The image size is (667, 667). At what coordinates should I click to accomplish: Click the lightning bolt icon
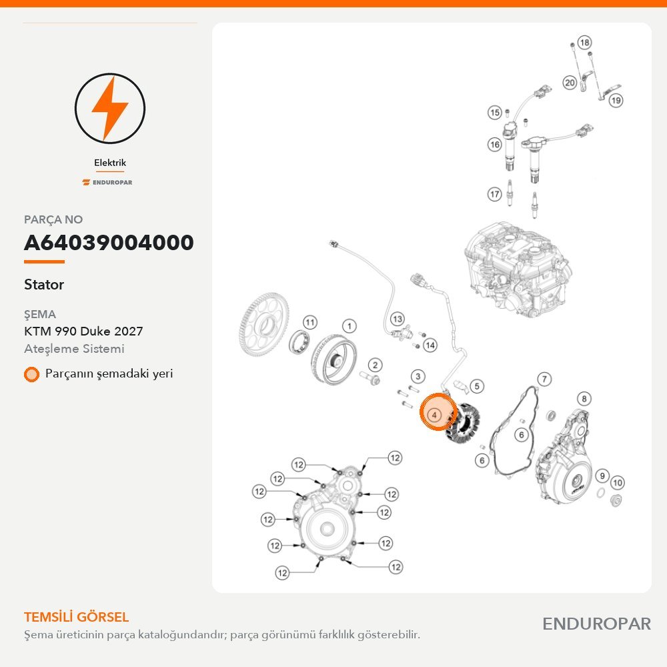point(110,109)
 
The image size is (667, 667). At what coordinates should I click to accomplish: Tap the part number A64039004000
point(109,243)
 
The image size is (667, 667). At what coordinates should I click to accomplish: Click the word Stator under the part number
point(44,284)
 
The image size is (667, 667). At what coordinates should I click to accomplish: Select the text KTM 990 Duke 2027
point(83,331)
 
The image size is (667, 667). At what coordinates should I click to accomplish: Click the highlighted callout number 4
point(434,414)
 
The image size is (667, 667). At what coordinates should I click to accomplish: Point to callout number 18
point(585,43)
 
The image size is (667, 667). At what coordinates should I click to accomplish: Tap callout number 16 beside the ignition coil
point(495,145)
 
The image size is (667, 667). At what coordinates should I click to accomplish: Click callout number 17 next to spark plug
point(494,194)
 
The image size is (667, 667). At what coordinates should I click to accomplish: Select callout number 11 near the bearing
point(310,322)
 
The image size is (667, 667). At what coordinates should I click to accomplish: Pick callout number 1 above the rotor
point(350,326)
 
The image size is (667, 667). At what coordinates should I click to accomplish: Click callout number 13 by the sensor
point(398,319)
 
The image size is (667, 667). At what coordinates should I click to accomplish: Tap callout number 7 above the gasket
point(544,379)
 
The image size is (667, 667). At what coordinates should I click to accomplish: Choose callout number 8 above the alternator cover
point(584,399)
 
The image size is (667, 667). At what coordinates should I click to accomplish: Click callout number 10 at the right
point(618,482)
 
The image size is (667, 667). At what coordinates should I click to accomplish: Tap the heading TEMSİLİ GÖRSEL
point(76,617)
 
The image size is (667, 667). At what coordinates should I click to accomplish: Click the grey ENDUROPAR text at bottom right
point(596,624)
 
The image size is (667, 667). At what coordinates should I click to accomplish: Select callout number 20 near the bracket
point(570,83)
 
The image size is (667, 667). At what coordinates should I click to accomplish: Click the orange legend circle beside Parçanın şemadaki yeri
point(31,374)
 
